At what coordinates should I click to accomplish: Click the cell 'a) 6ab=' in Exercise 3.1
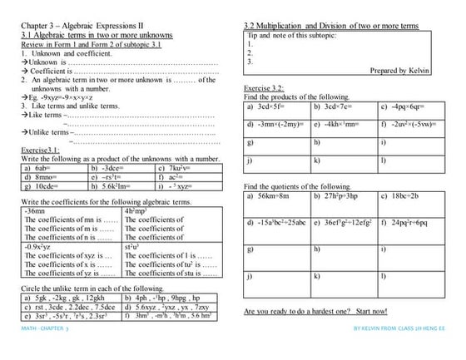pyautogui.click(x=39, y=167)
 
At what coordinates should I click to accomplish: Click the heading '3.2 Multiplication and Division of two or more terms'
pyautogui.click(x=338, y=26)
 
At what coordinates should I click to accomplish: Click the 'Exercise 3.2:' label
pyautogui.click(x=264, y=87)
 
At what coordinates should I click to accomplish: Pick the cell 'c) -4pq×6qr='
pyautogui.click(x=404, y=106)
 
